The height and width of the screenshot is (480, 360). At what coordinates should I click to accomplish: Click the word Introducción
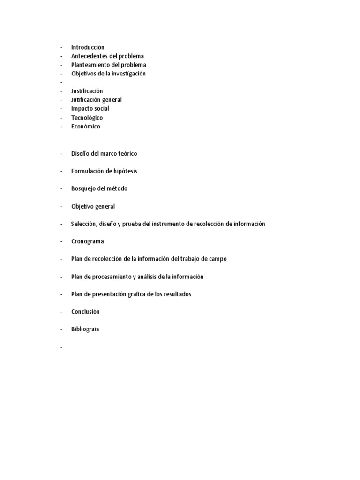[88, 47]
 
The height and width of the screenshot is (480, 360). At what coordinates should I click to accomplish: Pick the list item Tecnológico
[87, 118]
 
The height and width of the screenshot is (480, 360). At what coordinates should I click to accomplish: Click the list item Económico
[85, 127]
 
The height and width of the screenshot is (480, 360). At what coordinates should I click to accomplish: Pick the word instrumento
[168, 224]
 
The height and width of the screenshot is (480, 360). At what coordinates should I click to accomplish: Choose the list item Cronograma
[88, 241]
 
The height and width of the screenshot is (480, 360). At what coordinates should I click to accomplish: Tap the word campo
[217, 259]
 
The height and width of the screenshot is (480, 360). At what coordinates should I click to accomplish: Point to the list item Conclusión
[85, 312]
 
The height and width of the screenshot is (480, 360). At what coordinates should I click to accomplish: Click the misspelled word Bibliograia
[85, 329]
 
